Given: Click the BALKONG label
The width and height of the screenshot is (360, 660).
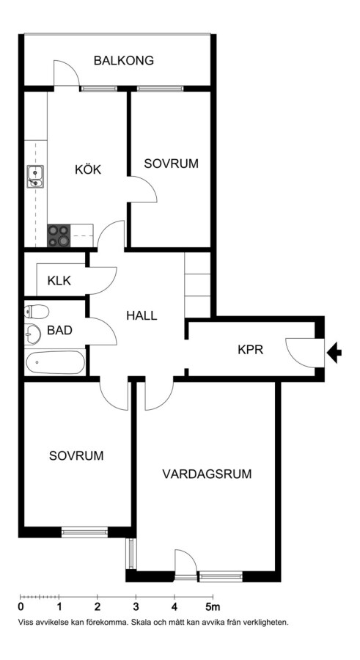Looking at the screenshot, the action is pyautogui.click(x=124, y=61).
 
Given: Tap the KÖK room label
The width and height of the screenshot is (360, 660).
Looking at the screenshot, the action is pyautogui.click(x=88, y=169).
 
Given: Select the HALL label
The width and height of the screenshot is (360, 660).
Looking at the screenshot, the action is pyautogui.click(x=142, y=315).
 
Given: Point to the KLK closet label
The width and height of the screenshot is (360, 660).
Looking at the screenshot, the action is pyautogui.click(x=59, y=280).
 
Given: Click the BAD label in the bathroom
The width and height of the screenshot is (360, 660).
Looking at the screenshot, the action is pyautogui.click(x=59, y=331).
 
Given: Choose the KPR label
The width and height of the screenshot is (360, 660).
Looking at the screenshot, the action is pyautogui.click(x=251, y=350).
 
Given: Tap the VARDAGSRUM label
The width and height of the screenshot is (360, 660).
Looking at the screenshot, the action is pyautogui.click(x=207, y=474).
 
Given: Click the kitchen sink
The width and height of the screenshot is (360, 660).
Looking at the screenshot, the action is pyautogui.click(x=35, y=176).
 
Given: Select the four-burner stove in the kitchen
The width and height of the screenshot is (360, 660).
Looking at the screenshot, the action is pyautogui.click(x=59, y=235).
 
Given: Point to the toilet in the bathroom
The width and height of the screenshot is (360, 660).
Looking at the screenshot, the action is pyautogui.click(x=37, y=312).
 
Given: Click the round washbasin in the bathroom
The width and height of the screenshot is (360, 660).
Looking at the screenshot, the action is pyautogui.click(x=32, y=334).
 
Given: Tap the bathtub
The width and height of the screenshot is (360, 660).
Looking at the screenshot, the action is pyautogui.click(x=55, y=362).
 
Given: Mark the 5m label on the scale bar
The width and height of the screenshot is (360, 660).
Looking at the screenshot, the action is pyautogui.click(x=213, y=607).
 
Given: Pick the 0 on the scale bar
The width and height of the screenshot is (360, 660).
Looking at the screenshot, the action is pyautogui.click(x=21, y=607).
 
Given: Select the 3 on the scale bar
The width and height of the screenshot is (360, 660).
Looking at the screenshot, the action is pyautogui.click(x=136, y=607).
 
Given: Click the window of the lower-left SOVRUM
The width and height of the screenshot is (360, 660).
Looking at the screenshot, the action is pyautogui.click(x=84, y=532).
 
